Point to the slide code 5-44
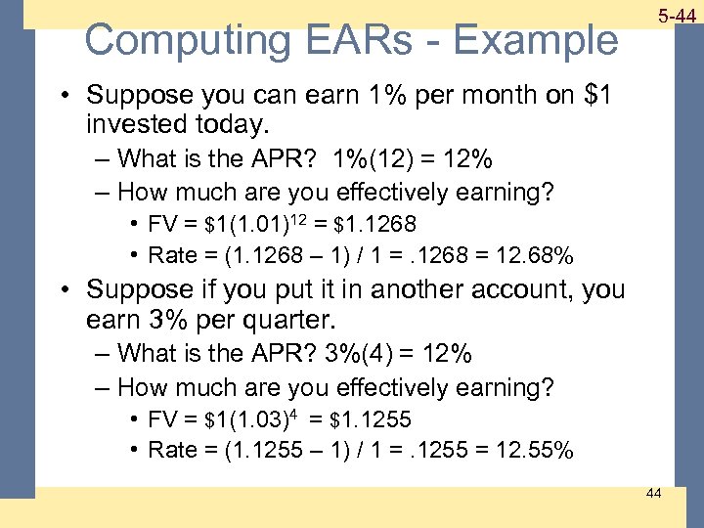click(x=676, y=17)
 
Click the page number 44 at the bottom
click(x=653, y=493)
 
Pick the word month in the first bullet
click(x=430, y=95)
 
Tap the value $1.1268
click(x=372, y=227)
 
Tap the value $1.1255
click(x=372, y=420)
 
